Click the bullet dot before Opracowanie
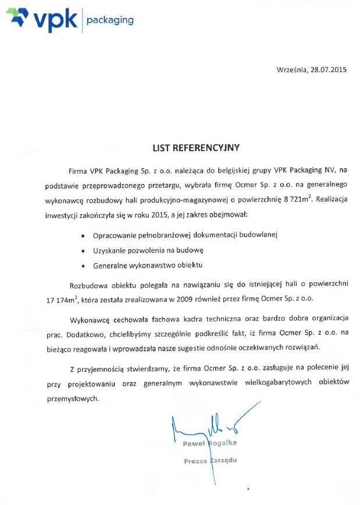pyautogui.click(x=84, y=236)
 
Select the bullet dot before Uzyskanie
pyautogui.click(x=84, y=250)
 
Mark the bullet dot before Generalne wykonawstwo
pyautogui.click(x=84, y=266)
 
